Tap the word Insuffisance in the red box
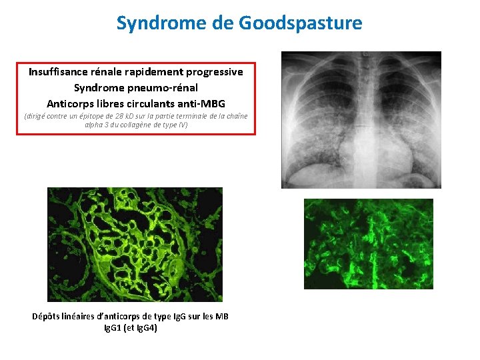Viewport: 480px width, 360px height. pos(59,71)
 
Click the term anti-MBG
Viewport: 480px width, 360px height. pos(202,103)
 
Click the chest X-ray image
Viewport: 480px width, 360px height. pos(361,120)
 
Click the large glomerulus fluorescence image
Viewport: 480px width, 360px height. pos(135,244)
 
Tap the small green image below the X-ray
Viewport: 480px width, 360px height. pos(368,244)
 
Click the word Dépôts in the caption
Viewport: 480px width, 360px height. pos(47,317)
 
